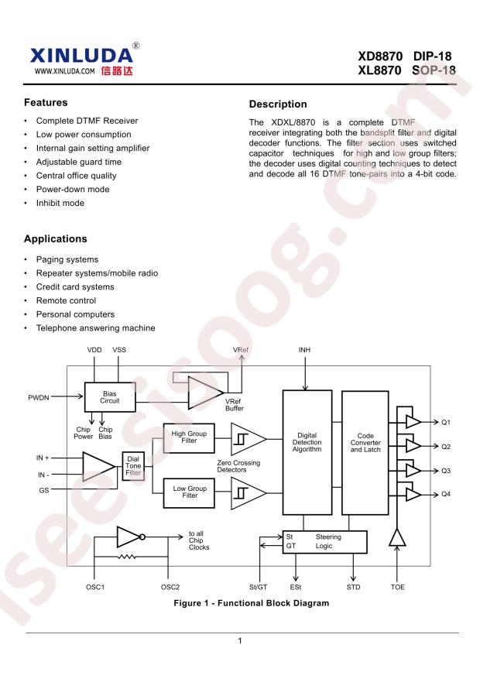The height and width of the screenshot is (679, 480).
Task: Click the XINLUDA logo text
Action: [81, 56]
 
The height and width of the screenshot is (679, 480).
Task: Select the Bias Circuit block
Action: [110, 397]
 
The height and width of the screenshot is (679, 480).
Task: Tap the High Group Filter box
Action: [189, 437]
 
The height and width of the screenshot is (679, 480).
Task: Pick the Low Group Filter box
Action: [189, 492]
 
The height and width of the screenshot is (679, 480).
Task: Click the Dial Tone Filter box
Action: [133, 466]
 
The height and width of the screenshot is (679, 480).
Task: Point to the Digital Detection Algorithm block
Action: [307, 452]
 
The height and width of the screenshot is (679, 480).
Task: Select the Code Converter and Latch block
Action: [365, 452]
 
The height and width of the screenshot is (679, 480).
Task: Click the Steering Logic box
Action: [324, 542]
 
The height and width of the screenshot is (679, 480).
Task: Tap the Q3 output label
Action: [446, 471]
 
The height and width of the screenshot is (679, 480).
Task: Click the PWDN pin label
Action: [39, 397]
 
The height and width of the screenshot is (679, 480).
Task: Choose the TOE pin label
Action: [397, 587]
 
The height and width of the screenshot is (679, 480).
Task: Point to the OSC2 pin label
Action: [170, 587]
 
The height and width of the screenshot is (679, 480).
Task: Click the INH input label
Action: [304, 350]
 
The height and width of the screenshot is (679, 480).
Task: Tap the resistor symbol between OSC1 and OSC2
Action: [127, 557]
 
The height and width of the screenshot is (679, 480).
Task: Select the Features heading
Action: [46, 103]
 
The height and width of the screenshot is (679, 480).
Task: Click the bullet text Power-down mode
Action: [73, 189]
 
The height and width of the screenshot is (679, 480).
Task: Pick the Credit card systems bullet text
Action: [75, 286]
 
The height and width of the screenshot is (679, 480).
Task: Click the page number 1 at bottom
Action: [240, 641]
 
